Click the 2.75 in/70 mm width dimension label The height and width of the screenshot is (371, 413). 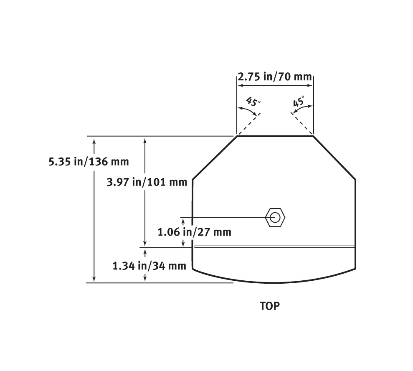click(x=275, y=77)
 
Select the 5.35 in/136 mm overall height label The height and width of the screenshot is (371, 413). click(x=89, y=161)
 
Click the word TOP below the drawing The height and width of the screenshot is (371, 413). click(x=270, y=306)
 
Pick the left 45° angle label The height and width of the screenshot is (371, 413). click(x=253, y=102)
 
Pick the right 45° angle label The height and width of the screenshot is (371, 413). click(x=299, y=102)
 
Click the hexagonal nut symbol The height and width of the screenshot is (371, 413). click(x=275, y=217)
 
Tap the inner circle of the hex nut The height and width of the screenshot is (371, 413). click(x=275, y=217)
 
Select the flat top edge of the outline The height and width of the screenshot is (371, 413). click(x=275, y=135)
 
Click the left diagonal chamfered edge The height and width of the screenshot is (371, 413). click(x=215, y=158)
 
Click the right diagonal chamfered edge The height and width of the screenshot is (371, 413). click(x=334, y=158)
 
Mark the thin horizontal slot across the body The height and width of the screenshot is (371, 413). click(x=275, y=246)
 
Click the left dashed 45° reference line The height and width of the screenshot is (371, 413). click(x=249, y=124)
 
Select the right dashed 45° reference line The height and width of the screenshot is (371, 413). click(x=302, y=124)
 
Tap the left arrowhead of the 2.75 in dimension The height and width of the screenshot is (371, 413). click(x=240, y=85)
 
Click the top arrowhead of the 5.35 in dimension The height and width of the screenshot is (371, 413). click(x=94, y=140)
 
